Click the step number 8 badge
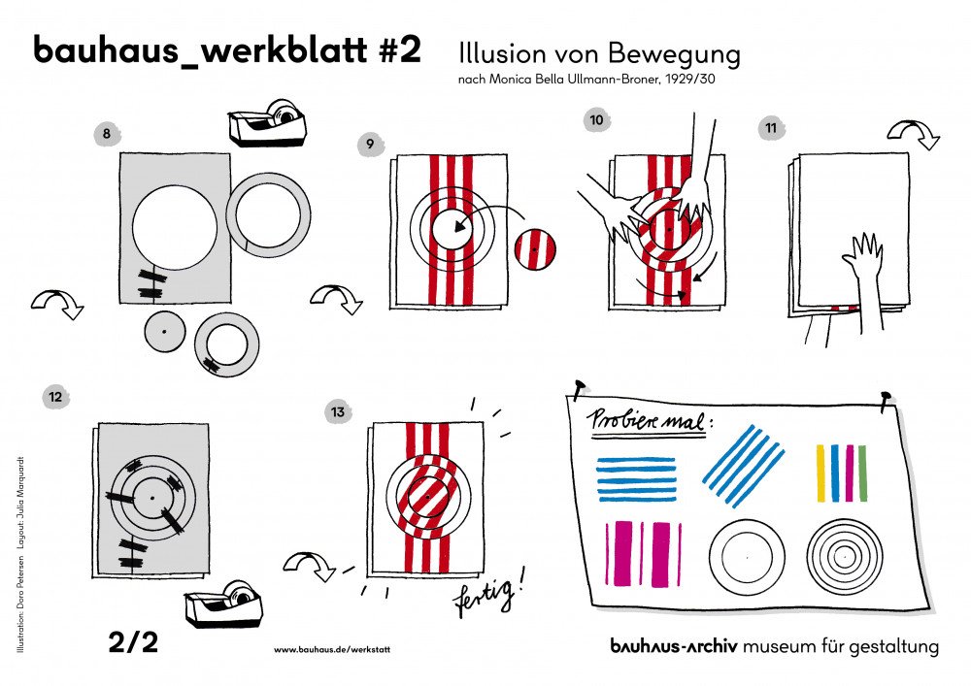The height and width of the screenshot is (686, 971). tap(106, 134)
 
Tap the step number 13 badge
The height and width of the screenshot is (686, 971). tap(337, 411)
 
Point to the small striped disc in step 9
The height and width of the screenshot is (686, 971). tap(536, 249)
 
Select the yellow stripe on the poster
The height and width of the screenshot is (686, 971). tap(820, 473)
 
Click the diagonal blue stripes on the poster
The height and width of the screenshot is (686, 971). tap(743, 465)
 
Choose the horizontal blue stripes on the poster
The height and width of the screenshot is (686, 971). tap(636, 478)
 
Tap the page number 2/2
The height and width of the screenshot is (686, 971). tap(132, 642)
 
